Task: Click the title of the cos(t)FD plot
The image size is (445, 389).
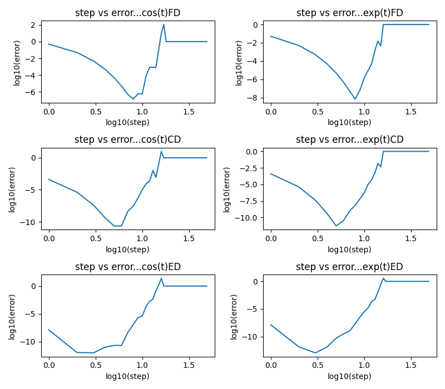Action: coord(127,13)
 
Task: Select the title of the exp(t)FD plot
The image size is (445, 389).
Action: coord(349,13)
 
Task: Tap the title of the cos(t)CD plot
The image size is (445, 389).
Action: coord(127,139)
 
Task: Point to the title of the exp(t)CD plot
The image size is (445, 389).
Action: coord(349,139)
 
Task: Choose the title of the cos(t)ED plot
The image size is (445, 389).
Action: coord(127,267)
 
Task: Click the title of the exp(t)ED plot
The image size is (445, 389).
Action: coord(349,267)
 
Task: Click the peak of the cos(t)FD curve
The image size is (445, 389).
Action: coord(164,24)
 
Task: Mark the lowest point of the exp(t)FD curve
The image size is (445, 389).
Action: coord(355,99)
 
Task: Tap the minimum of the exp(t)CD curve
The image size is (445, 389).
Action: coord(336,226)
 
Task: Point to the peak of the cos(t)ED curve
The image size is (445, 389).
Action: coord(161,278)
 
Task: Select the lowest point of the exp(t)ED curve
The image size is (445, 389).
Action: coord(315,353)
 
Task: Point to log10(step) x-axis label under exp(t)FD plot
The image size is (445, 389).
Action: coord(349,122)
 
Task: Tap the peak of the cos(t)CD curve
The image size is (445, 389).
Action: coord(161,152)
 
